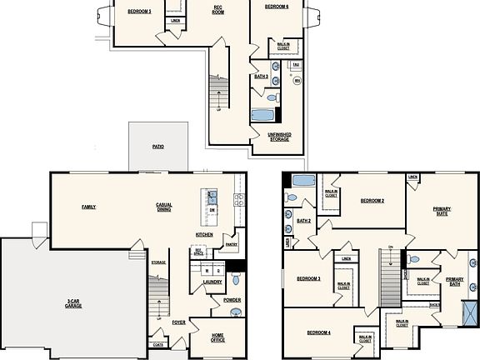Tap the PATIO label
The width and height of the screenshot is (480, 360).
point(157,147)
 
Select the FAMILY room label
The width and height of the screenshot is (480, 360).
point(87,206)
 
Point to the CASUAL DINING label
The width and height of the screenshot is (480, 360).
point(163,207)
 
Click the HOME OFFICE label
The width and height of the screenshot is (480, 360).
point(217,337)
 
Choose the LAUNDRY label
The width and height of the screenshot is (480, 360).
point(212,282)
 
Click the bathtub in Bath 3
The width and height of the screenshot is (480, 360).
point(262,117)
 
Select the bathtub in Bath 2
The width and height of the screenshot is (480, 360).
point(302,181)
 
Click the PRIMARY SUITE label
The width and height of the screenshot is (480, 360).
point(441,211)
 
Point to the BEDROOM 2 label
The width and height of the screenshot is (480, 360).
point(372,201)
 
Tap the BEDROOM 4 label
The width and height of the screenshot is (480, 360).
point(318,332)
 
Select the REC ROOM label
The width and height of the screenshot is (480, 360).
point(217,10)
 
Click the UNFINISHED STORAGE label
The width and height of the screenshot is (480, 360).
point(279,137)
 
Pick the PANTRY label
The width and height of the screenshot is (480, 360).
point(231,245)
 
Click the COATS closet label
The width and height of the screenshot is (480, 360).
point(158,344)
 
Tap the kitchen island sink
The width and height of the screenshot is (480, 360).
point(212,197)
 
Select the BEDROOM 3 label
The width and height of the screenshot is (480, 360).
point(309,278)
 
